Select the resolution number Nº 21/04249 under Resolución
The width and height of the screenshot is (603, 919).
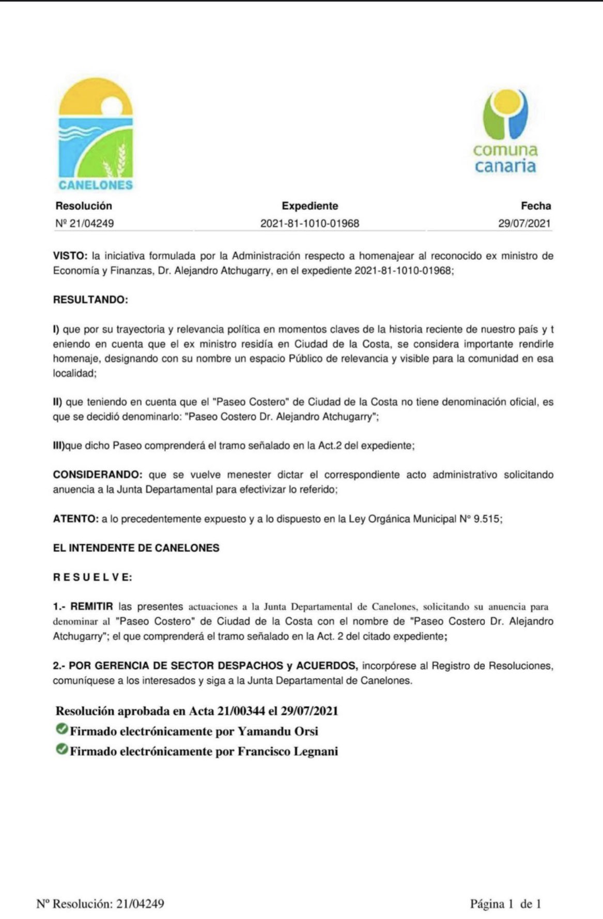click(84, 224)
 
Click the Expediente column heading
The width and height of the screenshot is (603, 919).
click(310, 206)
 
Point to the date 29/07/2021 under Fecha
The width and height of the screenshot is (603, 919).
click(524, 224)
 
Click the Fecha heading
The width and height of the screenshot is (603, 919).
click(536, 206)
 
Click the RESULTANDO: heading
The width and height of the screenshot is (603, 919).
click(90, 300)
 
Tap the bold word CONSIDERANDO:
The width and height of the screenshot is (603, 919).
click(97, 475)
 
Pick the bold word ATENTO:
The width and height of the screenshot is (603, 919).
click(75, 519)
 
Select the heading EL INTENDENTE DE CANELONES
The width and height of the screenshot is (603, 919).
click(136, 548)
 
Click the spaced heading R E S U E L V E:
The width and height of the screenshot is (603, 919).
click(92, 578)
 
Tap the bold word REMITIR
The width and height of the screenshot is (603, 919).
click(91, 606)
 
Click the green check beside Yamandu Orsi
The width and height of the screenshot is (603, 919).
click(62, 729)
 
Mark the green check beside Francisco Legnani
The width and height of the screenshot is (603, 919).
click(62, 750)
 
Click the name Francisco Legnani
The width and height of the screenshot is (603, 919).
click(287, 751)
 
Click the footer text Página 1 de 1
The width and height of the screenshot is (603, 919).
click(505, 904)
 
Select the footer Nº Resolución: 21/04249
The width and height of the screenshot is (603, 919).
click(100, 904)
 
